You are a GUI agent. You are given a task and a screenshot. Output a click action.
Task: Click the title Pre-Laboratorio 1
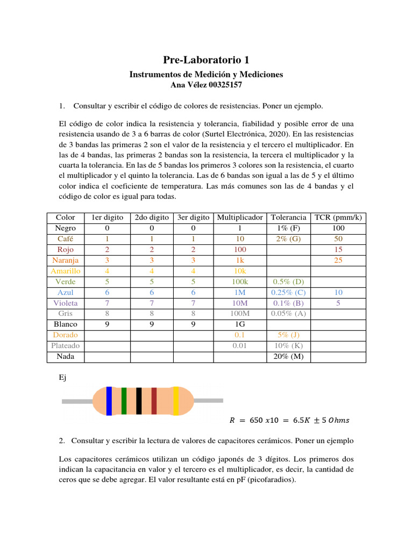[206, 60]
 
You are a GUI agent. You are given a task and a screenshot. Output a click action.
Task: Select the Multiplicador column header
[240, 218]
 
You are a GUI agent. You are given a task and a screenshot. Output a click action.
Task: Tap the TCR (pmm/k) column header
[338, 218]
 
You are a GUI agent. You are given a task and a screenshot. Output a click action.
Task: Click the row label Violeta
[66, 303]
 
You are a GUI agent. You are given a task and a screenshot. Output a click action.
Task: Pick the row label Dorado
[66, 335]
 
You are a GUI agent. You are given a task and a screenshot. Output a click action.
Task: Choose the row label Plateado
[66, 345]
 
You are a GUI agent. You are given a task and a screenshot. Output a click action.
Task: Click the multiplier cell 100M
[240, 314]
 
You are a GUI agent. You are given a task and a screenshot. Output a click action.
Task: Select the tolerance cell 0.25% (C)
[289, 292]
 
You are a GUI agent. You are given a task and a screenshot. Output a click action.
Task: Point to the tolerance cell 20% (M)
[289, 356]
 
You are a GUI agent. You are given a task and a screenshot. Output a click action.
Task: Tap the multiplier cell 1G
[240, 324]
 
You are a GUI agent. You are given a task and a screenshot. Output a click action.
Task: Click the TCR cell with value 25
[338, 260]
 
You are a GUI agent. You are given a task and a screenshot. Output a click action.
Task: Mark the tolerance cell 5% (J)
[289, 335]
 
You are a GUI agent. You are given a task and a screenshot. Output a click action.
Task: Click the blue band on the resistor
[109, 401]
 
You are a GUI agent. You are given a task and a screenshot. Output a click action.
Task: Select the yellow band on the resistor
[175, 401]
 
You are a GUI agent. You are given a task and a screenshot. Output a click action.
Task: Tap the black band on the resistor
[139, 401]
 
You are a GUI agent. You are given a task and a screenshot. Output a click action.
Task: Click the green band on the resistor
[124, 401]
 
